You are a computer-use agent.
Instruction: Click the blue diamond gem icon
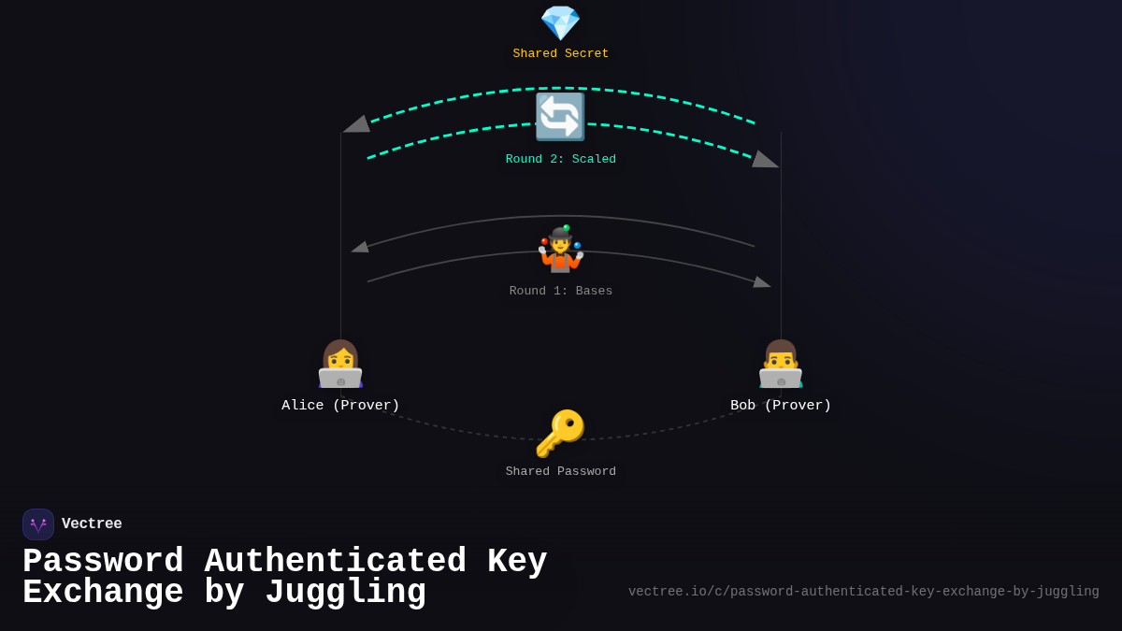pos(560,22)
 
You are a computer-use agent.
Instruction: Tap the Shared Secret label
pos(560,54)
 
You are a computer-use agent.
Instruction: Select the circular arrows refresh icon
pos(560,117)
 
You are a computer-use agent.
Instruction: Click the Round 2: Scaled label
pos(560,160)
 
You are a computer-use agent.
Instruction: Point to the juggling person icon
pos(560,250)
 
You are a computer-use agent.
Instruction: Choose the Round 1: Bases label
pos(560,292)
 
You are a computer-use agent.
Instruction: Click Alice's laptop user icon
pos(340,364)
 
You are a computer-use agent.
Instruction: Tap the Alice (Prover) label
pos(340,406)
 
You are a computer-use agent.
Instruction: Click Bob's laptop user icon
pos(781,364)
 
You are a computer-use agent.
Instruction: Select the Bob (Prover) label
pos(781,406)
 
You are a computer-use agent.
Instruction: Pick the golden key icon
pos(560,434)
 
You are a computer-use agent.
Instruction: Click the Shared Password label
pos(560,472)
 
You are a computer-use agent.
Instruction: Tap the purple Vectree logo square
pos(38,524)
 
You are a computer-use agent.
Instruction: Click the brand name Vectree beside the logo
pos(92,524)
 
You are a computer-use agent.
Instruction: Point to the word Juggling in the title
pos(345,593)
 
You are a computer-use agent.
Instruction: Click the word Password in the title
pos(103,562)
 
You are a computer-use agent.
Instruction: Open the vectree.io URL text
pos(863,592)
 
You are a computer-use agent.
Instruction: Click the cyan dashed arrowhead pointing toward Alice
pos(357,124)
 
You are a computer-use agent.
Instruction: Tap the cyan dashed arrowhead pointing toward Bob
pos(765,160)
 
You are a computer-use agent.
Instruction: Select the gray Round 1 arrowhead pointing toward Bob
pos(762,281)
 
